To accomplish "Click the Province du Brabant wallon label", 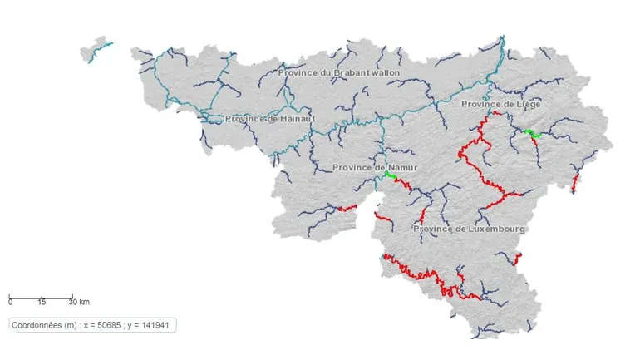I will pyautogui.click(x=338, y=73).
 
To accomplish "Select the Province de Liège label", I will pyautogui.click(x=500, y=104).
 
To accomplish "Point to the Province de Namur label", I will pyautogui.click(x=374, y=167).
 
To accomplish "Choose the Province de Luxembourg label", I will pyautogui.click(x=469, y=228).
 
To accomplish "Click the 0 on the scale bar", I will pyautogui.click(x=10, y=302).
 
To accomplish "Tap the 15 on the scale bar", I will pyautogui.click(x=41, y=302).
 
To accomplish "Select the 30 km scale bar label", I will pyautogui.click(x=78, y=302).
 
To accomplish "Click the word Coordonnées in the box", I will pyautogui.click(x=39, y=325).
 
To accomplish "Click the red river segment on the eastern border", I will pyautogui.click(x=574, y=183).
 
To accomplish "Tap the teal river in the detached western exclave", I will pyautogui.click(x=100, y=52).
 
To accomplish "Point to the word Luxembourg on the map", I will pyautogui.click(x=495, y=228).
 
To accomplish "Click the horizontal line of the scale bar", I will pyautogui.click(x=42, y=296).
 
